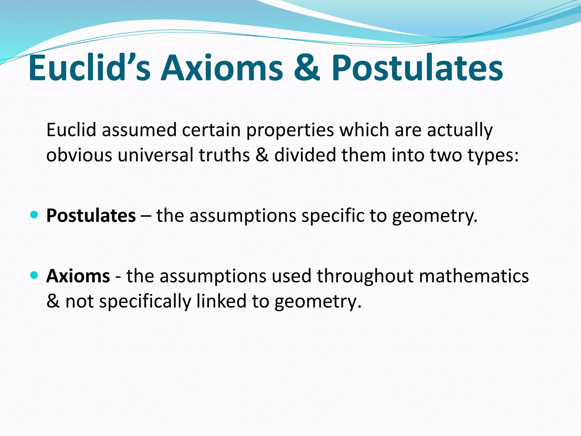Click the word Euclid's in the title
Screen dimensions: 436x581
coord(89,68)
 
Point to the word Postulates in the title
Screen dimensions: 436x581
coord(417,68)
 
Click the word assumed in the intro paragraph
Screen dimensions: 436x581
coord(139,130)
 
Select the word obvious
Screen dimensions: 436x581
coord(79,155)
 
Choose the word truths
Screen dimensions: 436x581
coord(224,155)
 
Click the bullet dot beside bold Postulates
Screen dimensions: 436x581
coord(34,215)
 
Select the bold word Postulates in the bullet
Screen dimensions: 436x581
coord(91,216)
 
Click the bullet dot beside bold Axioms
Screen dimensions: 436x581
coord(34,275)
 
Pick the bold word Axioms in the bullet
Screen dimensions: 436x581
coord(78,276)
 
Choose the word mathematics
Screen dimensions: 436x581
coord(474,276)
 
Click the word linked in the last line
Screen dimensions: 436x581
coord(221,301)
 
